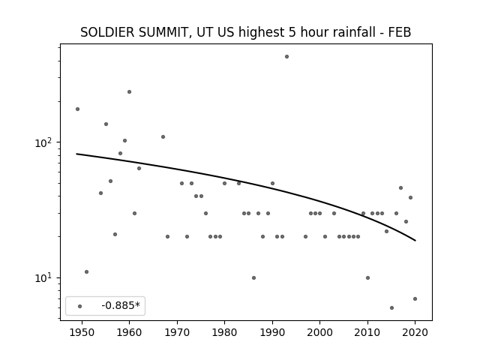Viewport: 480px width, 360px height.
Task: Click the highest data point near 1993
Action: point(286,57)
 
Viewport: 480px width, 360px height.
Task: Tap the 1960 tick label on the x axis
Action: point(129,332)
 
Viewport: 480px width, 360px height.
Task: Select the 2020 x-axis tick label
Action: point(415,332)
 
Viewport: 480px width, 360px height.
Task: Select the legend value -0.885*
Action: point(121,305)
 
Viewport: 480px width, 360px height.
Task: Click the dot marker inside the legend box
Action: point(79,306)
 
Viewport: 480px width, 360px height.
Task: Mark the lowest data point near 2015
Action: point(391,307)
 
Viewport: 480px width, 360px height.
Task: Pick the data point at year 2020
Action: point(415,298)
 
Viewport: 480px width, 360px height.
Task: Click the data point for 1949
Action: point(77,109)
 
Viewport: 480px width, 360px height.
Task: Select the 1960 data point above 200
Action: point(129,91)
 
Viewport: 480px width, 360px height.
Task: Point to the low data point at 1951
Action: point(87,271)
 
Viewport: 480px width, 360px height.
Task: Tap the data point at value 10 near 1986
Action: point(253,278)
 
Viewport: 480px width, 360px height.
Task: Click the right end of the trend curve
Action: point(415,241)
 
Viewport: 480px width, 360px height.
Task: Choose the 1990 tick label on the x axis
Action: point(272,332)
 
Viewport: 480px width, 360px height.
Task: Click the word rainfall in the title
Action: point(355,32)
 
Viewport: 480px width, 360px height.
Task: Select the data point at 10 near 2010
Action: point(367,278)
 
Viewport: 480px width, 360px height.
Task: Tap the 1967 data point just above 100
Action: point(163,136)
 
